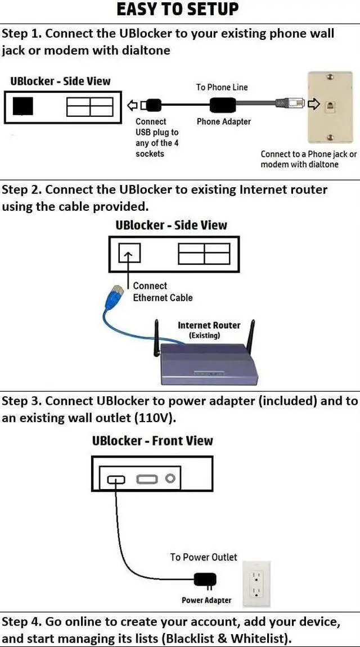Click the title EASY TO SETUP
coord(178,10)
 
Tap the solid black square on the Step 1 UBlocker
coord(22,106)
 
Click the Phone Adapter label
coord(224,122)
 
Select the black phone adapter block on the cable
coord(223,105)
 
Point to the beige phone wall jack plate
coord(329,107)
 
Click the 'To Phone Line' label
coord(222,87)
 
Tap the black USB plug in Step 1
coord(154,106)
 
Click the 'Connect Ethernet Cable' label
coord(163,291)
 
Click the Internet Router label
coord(209,325)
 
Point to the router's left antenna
coord(156,339)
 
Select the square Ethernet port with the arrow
coord(129,253)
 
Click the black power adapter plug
coord(205,580)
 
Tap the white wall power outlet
coord(256,583)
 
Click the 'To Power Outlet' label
coord(204,557)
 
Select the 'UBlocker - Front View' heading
coord(152,441)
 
